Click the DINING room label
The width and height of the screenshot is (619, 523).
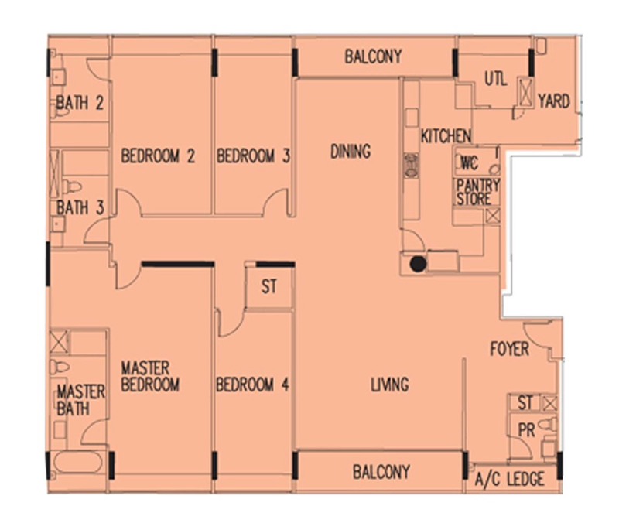(351, 151)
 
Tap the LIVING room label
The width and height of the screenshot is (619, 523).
(390, 385)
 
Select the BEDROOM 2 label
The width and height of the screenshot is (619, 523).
(158, 156)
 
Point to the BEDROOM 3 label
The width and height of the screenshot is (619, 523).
(253, 156)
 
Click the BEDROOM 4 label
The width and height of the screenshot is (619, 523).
(253, 385)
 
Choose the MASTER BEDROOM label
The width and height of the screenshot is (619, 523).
(150, 376)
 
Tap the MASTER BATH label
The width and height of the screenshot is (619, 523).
(81, 400)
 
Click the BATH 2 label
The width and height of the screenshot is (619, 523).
(80, 103)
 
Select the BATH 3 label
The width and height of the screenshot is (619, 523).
(80, 207)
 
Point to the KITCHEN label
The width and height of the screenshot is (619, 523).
(446, 136)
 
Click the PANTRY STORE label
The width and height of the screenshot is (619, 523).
(478, 192)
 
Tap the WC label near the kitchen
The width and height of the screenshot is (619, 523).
(470, 162)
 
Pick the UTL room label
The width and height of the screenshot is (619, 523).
(496, 79)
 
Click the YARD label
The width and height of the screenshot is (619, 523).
(554, 101)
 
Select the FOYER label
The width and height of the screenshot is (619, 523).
(510, 349)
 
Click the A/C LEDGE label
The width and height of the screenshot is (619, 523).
(510, 479)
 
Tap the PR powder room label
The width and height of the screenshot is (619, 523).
(526, 430)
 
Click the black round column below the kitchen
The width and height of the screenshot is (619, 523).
(418, 264)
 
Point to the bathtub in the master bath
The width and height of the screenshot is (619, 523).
(78, 462)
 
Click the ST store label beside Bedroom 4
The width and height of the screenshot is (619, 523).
(269, 286)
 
